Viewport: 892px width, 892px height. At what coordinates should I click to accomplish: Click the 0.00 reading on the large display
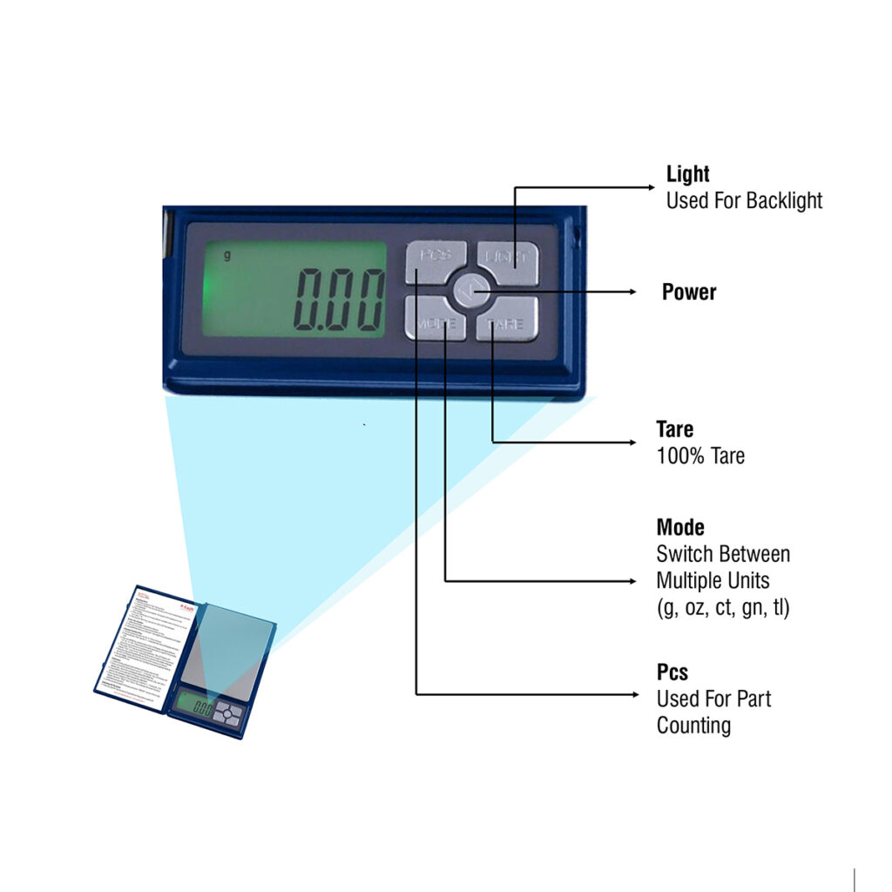[339, 298]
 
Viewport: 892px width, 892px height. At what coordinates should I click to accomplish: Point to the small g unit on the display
[227, 255]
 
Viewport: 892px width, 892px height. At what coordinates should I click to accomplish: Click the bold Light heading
[687, 173]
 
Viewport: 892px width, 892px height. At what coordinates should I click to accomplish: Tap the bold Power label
[688, 292]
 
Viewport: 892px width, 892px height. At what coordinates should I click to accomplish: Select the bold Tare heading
[674, 429]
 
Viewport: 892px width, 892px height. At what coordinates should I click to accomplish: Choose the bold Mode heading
[679, 527]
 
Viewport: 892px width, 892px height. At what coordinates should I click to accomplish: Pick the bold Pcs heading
[672, 672]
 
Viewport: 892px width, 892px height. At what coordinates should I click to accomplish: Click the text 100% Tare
[700, 456]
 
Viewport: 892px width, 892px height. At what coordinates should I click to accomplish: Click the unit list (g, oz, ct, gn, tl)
[722, 608]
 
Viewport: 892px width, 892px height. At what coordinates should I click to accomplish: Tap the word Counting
[693, 726]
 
